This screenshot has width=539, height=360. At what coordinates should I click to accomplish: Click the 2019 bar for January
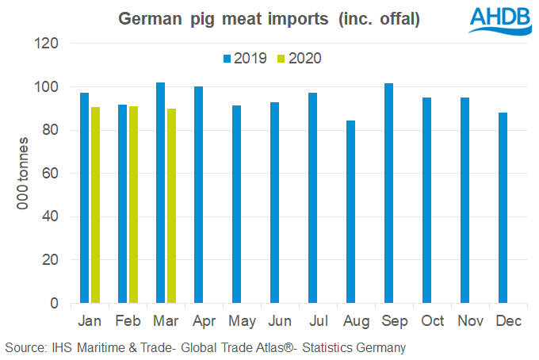pyautogui.click(x=84, y=198)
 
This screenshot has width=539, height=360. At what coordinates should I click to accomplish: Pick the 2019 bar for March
pyautogui.click(x=160, y=193)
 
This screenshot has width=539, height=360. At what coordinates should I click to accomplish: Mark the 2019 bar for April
pyautogui.click(x=198, y=195)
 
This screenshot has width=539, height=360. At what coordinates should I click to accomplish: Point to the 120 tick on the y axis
pyautogui.click(x=49, y=44)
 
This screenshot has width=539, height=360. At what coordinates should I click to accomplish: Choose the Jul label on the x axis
pyautogui.click(x=317, y=321)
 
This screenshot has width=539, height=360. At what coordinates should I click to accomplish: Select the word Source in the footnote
pyautogui.click(x=24, y=347)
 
